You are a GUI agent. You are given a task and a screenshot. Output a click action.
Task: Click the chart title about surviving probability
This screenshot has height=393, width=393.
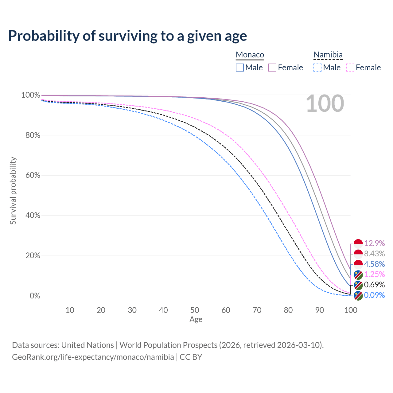pos(127,36)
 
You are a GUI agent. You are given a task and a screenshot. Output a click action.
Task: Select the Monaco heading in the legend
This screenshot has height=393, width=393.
pos(250,55)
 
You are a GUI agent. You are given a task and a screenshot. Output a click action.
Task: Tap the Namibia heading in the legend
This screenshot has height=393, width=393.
pos(328,55)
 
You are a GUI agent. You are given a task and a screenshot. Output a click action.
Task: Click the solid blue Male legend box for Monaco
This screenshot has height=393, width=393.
pos(240,68)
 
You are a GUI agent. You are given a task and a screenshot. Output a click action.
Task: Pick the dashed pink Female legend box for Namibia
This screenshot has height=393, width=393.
pos(350,68)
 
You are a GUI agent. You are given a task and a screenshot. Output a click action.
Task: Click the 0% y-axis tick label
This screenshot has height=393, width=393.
pos(35,296)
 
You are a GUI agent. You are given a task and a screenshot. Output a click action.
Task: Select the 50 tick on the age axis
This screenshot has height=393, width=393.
pos(195,310)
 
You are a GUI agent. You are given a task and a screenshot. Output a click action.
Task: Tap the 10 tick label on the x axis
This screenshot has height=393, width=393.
pos(70,310)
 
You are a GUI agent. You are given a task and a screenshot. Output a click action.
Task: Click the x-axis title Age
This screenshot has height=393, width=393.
pos(196,320)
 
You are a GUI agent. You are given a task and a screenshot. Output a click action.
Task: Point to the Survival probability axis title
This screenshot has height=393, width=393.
pos(13,191)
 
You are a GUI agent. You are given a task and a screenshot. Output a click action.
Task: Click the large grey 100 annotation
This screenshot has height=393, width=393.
pos(325,103)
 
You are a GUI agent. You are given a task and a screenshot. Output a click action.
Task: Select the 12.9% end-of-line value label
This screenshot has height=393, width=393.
pos(374,243)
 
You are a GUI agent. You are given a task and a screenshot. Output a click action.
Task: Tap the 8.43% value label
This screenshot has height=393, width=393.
pos(374,254)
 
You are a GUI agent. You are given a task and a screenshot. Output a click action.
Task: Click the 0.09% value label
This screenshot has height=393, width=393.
pos(374,295)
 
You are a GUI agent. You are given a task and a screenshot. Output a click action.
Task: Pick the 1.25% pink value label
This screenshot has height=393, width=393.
pos(374,274)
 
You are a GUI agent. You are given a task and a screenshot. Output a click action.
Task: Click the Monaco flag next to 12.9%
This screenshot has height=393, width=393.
pos(358,243)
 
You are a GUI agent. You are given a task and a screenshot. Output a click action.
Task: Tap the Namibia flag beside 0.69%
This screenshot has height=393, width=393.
pos(358,285)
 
